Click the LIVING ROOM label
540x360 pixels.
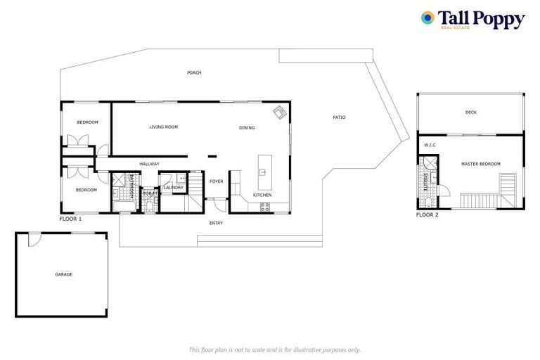163,127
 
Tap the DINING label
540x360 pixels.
247,128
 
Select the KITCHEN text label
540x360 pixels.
262,195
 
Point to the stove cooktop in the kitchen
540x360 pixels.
265,206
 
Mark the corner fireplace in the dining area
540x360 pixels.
280,112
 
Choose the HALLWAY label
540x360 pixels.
149,164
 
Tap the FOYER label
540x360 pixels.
217,181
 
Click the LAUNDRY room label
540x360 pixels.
173,188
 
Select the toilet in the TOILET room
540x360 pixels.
150,202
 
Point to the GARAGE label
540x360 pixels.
63,274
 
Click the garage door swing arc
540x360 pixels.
32,240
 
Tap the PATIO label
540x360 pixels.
339,117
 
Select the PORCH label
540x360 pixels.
194,73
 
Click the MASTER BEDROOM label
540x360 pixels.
480,164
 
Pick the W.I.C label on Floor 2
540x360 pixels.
430,146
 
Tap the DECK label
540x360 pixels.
470,112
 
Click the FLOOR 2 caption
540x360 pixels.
427,215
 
